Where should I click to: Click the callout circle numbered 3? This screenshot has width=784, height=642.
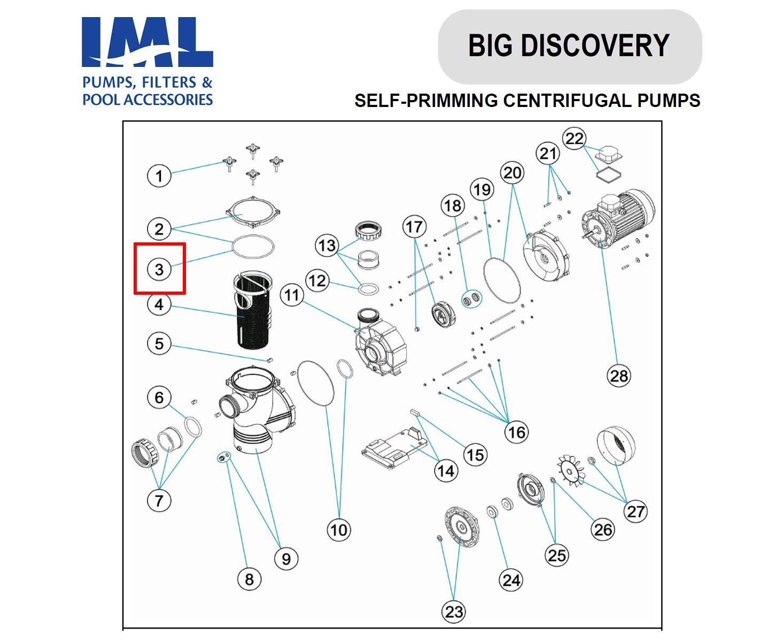[159, 269]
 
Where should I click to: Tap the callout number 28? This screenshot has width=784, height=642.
[619, 376]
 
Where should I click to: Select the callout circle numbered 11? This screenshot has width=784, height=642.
[292, 295]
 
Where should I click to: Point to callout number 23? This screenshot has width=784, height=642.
[454, 612]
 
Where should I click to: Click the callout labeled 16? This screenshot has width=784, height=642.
[517, 432]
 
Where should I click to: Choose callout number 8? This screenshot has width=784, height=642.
[249, 579]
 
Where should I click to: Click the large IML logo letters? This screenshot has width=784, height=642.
[147, 43]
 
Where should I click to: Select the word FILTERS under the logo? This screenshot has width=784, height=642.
[166, 82]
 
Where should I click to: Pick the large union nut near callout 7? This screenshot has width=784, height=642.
[145, 453]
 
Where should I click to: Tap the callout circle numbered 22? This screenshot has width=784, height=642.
[574, 139]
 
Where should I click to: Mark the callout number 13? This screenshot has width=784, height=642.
[327, 246]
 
